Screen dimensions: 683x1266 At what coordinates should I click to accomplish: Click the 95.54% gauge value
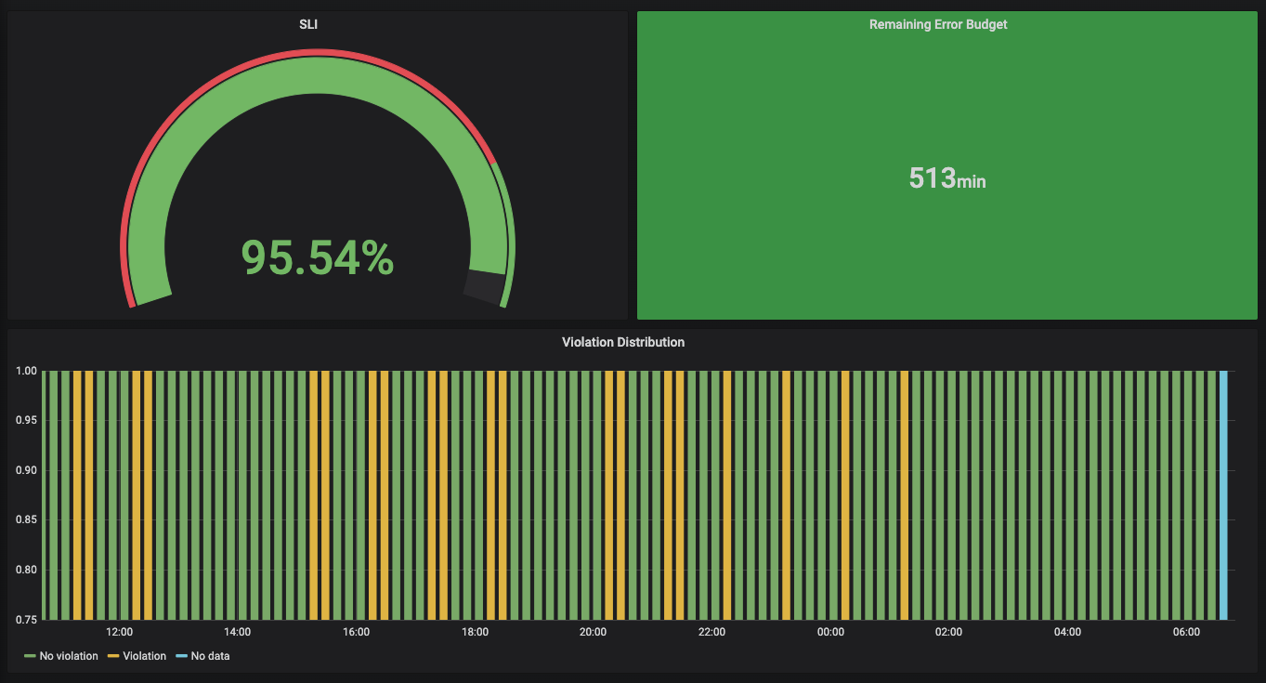point(318,257)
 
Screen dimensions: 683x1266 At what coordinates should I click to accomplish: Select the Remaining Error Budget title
point(938,24)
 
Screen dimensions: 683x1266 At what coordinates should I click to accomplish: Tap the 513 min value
point(946,177)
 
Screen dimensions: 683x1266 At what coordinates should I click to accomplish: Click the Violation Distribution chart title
point(623,342)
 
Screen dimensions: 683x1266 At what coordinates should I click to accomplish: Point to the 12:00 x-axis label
point(119,632)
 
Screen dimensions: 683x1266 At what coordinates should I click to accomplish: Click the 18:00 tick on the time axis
point(475,632)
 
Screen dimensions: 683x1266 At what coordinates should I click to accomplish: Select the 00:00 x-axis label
point(830,632)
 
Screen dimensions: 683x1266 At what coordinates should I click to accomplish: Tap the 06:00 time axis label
point(1186,632)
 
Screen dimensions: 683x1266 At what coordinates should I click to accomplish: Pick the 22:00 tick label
point(711,632)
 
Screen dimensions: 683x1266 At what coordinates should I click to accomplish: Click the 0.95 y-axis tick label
point(27,421)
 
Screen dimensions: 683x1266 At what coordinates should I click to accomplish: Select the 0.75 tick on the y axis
point(27,619)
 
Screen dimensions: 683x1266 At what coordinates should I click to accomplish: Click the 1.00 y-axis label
point(27,371)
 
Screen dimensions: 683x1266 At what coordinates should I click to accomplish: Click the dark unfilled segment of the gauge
point(484,286)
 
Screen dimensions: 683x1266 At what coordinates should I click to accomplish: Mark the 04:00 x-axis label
point(1067,632)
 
